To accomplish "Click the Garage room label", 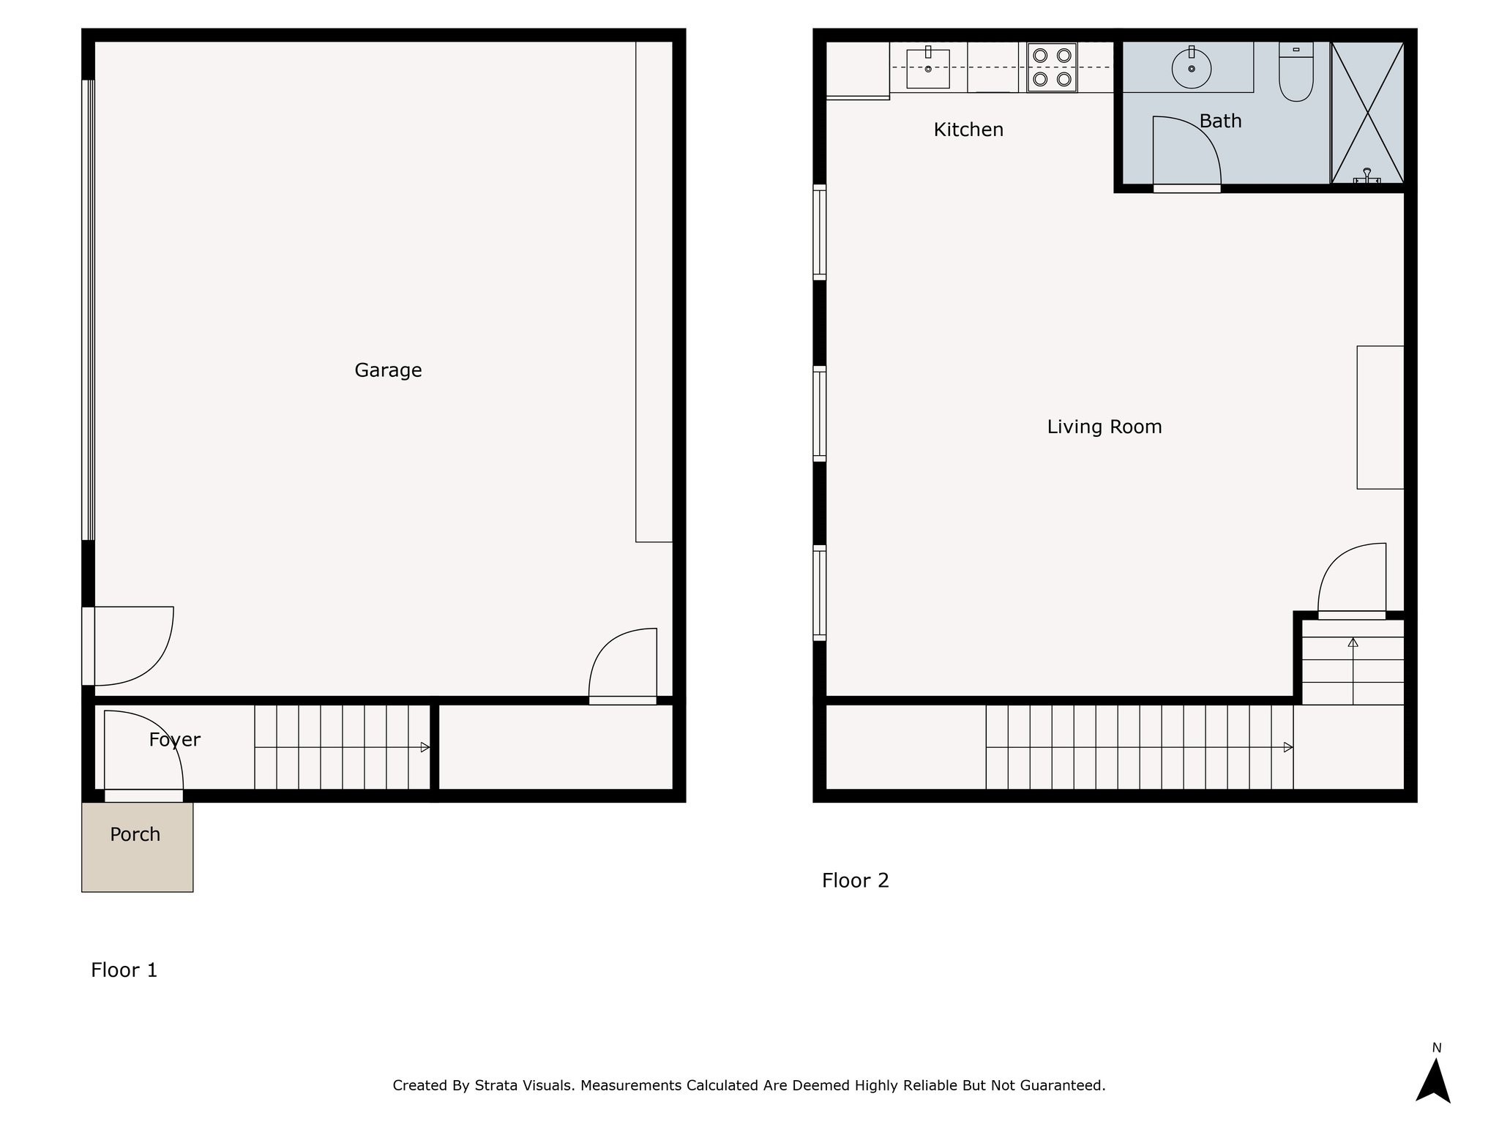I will [x=388, y=370].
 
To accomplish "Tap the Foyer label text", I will [x=174, y=740].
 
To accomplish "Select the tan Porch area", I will [x=137, y=856].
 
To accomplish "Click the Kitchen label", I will [x=968, y=130].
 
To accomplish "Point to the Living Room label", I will [x=1104, y=427].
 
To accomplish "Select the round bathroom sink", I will [x=1191, y=68].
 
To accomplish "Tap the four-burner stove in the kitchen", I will [x=1052, y=67].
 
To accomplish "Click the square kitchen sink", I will [x=927, y=68].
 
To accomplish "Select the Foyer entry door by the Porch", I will [x=143, y=754].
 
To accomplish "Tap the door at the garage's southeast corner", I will [x=622, y=666].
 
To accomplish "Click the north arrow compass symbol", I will [x=1432, y=1079].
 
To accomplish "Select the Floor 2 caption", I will [x=855, y=880].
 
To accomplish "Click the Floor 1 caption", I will [x=124, y=970].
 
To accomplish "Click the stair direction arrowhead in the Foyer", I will [x=425, y=747].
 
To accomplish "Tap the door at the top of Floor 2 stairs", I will [x=1351, y=582].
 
